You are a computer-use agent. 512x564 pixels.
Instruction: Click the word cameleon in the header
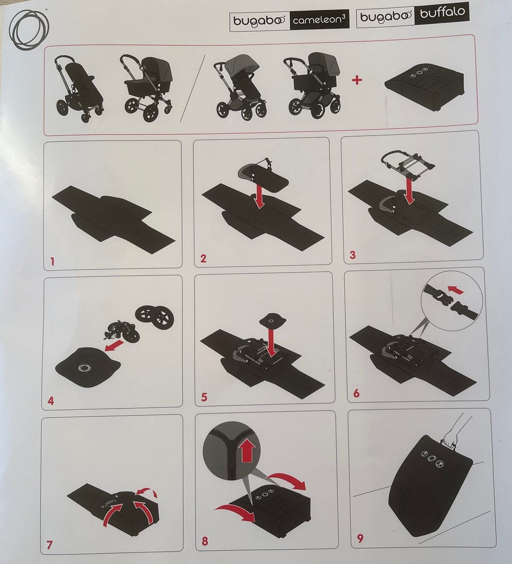[x=316, y=20]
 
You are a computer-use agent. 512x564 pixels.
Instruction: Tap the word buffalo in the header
[x=442, y=13]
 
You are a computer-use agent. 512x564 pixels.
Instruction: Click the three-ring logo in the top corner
[x=29, y=29]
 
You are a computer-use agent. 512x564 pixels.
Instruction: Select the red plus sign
[x=357, y=80]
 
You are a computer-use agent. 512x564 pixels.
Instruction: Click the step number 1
[x=52, y=261]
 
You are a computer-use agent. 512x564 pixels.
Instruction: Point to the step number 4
[x=51, y=401]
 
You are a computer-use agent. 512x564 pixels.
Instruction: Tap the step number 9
[x=361, y=538]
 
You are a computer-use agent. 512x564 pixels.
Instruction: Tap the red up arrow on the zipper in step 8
[x=247, y=451]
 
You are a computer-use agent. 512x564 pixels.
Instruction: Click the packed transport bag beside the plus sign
[x=425, y=83]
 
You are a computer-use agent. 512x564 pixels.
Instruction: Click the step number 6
[x=356, y=393]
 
